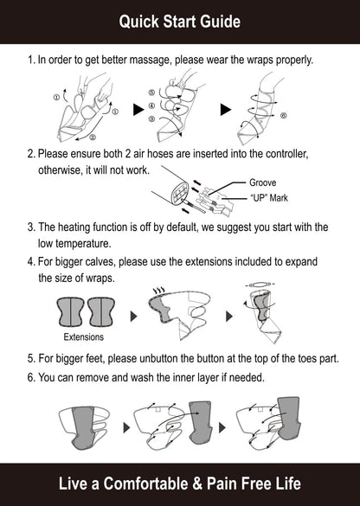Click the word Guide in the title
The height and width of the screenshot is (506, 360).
click(x=220, y=22)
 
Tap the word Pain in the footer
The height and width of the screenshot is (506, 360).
click(x=222, y=484)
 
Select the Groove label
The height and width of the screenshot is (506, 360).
click(x=262, y=183)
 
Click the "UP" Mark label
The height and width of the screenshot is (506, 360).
click(x=269, y=198)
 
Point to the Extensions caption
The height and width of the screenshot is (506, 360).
click(x=84, y=337)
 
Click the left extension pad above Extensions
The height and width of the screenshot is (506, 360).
click(x=71, y=311)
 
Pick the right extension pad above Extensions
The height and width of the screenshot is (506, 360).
click(x=101, y=311)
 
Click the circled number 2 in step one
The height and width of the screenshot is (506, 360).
click(x=93, y=138)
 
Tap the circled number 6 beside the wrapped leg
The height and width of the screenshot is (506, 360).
click(x=284, y=115)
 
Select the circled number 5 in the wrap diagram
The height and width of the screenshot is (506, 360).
click(x=151, y=93)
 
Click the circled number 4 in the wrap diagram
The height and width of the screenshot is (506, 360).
click(x=151, y=106)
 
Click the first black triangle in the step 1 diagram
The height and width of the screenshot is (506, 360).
click(x=138, y=110)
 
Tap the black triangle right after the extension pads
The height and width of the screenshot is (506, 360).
click(x=133, y=317)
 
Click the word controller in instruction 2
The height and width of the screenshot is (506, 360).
click(x=286, y=154)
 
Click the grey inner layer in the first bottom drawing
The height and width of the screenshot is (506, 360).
click(x=83, y=427)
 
